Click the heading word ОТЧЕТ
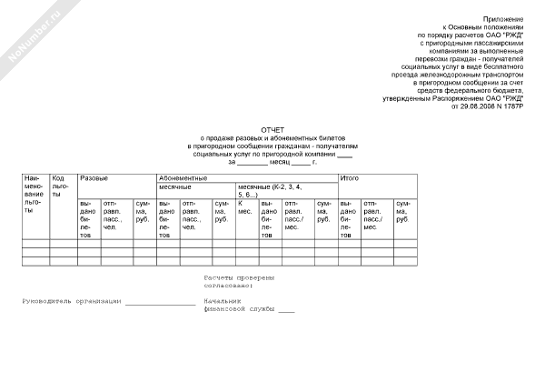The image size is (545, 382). tap(273, 129)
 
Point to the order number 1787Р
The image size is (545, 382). tap(511, 106)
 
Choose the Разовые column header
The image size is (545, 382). tap(94, 177)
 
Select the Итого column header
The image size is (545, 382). tap(348, 177)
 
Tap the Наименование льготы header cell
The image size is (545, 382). tap(34, 194)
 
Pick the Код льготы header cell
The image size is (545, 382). tap(62, 186)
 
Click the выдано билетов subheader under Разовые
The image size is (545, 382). tap(87, 218)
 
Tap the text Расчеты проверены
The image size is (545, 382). tap(238, 277)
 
